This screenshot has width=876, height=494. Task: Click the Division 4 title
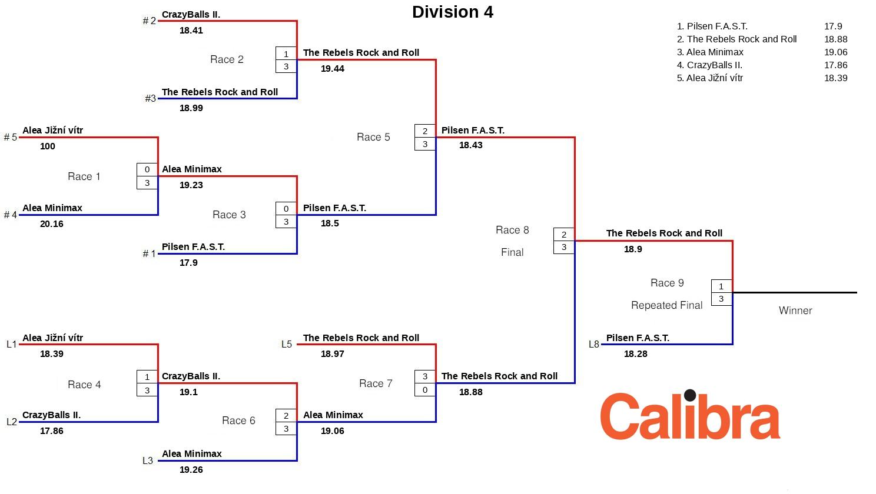(x=452, y=12)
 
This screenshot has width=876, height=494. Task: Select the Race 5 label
(x=373, y=137)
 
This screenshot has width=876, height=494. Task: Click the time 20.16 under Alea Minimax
(x=52, y=224)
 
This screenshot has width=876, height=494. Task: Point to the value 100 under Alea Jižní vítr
(x=48, y=146)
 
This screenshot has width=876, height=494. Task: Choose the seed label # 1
(x=150, y=254)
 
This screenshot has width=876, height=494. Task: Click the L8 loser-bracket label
(x=593, y=345)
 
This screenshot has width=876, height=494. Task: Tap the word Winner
(x=795, y=311)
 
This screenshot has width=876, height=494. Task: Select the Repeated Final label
(x=666, y=305)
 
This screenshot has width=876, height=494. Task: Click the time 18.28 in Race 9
(x=636, y=354)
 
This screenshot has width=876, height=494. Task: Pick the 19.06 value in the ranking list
(x=835, y=52)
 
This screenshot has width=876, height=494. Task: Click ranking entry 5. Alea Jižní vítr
(x=709, y=78)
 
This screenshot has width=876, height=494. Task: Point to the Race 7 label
(x=376, y=383)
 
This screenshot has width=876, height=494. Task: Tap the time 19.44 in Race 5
(x=333, y=69)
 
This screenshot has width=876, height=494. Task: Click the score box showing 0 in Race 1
(x=147, y=170)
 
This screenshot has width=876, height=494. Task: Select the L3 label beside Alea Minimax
(x=148, y=461)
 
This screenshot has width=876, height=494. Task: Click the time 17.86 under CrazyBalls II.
(x=52, y=431)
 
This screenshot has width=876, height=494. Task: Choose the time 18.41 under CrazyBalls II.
(x=191, y=31)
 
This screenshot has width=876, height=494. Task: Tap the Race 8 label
(x=512, y=230)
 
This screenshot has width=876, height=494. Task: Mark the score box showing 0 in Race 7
(x=425, y=390)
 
